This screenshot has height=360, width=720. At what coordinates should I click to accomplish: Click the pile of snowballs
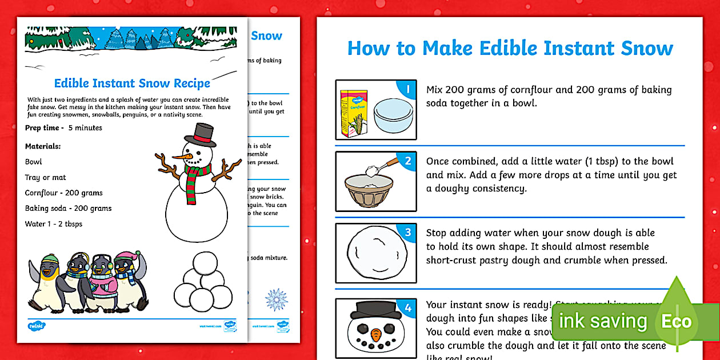[203, 283]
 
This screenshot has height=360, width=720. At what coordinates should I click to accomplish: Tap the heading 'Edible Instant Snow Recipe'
[132, 83]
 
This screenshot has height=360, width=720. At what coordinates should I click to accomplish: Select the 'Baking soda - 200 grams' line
[68, 209]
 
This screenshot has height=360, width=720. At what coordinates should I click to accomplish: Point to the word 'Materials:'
[43, 146]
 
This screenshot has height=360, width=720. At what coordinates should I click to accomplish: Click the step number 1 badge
[407, 89]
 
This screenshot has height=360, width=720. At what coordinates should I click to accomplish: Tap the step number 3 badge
[407, 233]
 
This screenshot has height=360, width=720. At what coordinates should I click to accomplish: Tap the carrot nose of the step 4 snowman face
[375, 334]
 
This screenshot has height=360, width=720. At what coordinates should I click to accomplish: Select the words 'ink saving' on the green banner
[603, 321]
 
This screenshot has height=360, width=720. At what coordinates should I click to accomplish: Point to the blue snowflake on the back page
[275, 299]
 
